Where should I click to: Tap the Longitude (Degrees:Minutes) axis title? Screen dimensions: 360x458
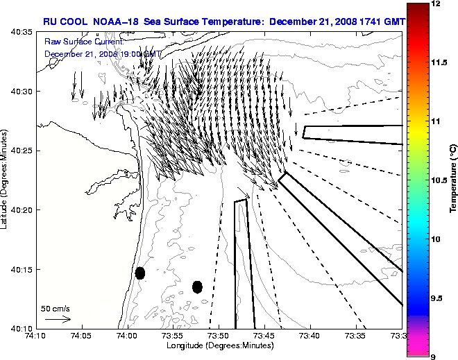pos(219,345)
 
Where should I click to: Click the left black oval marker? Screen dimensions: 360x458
pos(140,273)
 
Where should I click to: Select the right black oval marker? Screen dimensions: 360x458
pos(197,286)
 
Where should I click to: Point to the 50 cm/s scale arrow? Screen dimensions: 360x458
pos(58,319)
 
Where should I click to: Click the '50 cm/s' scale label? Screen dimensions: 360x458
pos(56,308)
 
